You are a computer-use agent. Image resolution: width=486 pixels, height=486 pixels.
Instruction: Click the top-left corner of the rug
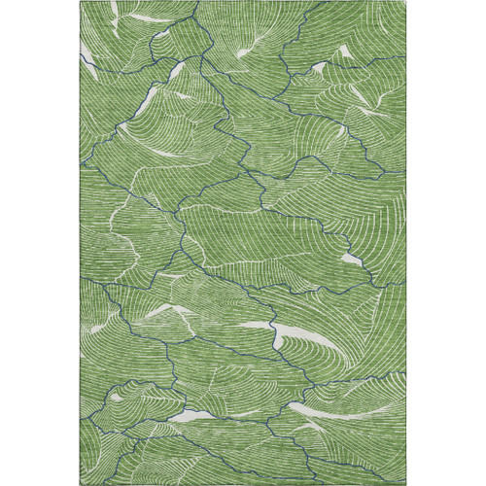[x=82, y=2]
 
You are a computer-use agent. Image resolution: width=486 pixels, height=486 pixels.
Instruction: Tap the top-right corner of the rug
[x=405, y=2]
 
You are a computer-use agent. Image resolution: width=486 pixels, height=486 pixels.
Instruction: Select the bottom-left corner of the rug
[x=82, y=483]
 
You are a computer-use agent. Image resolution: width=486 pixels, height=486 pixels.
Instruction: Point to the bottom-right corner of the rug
[x=405, y=483]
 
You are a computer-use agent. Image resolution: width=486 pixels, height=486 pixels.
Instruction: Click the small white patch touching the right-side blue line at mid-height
[x=353, y=260]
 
